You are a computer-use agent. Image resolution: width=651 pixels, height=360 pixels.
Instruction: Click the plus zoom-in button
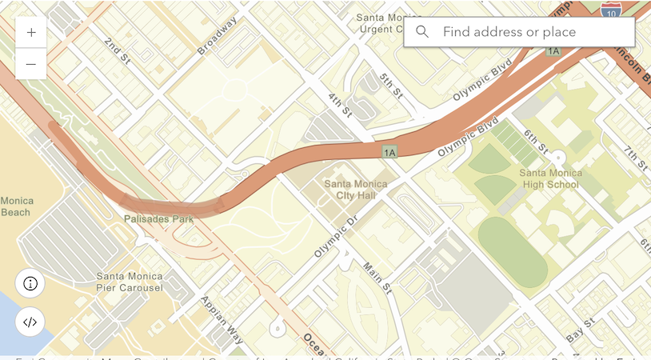coord(31,33)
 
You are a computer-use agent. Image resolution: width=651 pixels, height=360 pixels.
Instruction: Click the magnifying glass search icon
coord(422,32)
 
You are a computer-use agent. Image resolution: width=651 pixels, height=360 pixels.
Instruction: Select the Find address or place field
coord(528,32)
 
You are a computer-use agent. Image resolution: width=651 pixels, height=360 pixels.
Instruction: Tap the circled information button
coord(30,283)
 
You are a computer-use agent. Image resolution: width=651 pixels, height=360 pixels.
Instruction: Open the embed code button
coord(30,322)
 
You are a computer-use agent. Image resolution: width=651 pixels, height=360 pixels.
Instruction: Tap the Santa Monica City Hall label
coord(355,190)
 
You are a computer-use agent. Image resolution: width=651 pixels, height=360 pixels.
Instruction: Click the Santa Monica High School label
coord(560,178)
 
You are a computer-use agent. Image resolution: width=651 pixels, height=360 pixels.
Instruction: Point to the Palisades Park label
coord(158,218)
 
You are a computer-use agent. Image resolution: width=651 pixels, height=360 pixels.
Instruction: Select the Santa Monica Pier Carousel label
coord(130,282)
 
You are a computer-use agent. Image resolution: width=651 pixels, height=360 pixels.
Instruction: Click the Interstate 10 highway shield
coord(610,9)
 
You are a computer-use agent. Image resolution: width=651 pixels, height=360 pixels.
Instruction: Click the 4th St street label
coord(340,104)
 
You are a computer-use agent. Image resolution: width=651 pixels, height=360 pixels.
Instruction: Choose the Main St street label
coord(377,276)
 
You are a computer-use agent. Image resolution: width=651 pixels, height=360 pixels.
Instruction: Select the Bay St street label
coord(580,330)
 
